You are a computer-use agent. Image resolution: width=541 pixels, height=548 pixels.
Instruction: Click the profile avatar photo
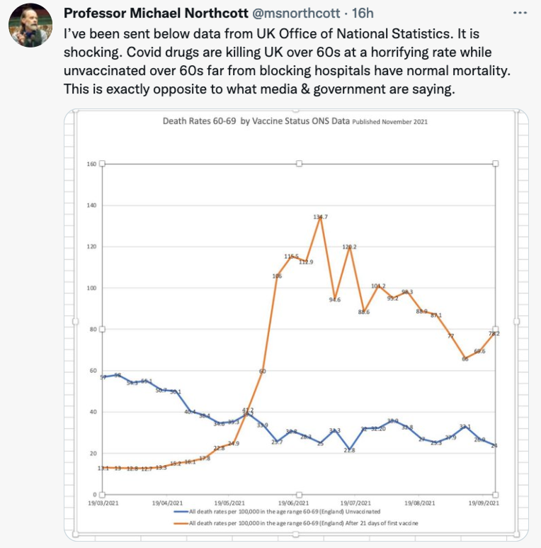[30, 26]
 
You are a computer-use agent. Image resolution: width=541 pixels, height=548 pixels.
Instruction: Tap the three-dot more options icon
[519, 13]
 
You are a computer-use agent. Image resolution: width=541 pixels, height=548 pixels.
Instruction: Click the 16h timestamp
[363, 13]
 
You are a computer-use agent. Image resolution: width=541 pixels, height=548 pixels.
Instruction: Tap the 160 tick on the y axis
[91, 164]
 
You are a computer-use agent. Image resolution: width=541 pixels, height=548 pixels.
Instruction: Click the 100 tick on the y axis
[91, 288]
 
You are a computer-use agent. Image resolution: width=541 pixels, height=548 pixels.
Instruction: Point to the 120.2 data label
[350, 247]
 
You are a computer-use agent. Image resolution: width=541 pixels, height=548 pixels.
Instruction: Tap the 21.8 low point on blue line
[350, 450]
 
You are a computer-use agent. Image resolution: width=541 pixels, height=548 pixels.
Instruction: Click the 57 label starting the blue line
[103, 377]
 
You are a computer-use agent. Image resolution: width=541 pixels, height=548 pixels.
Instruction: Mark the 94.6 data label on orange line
[335, 299]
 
